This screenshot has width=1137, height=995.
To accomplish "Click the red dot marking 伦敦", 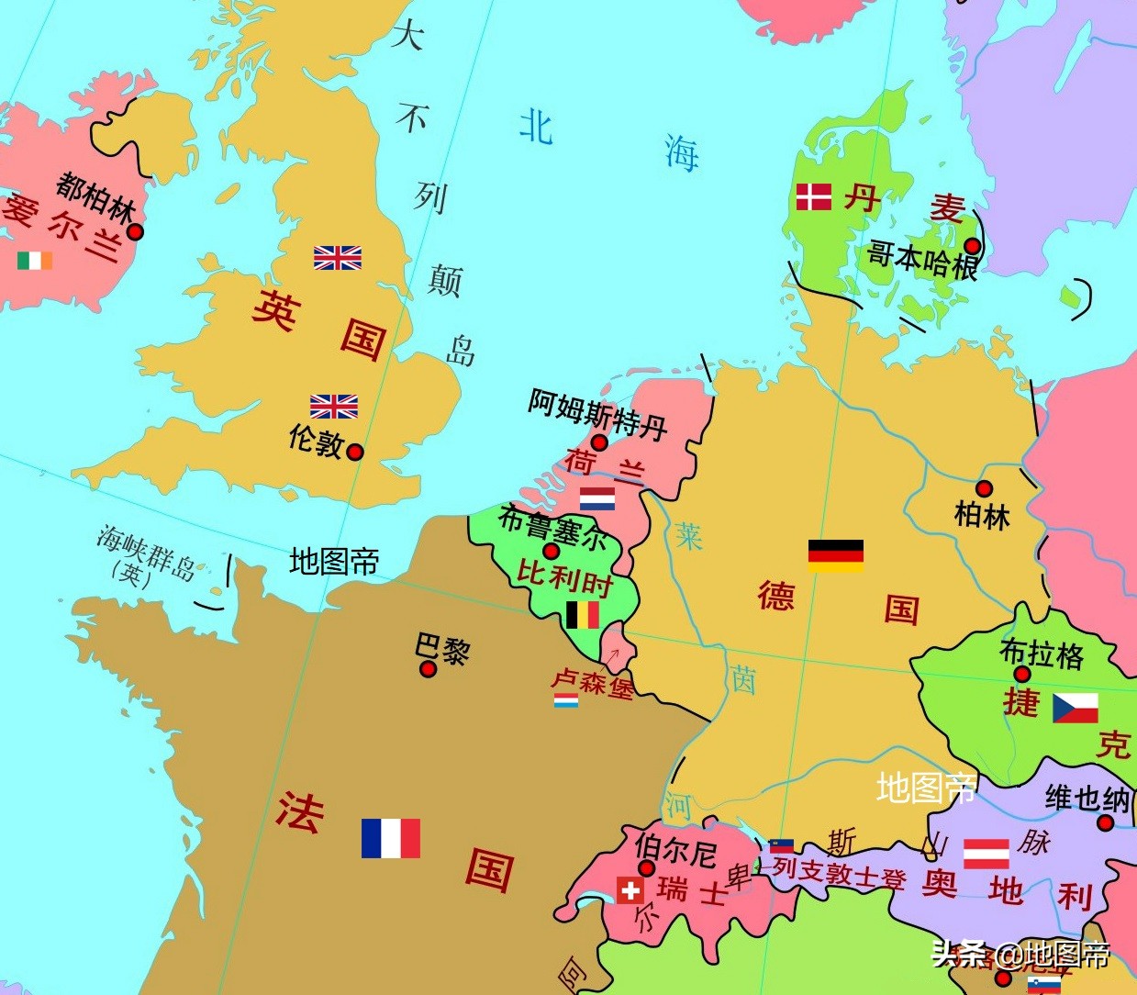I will (x=355, y=452).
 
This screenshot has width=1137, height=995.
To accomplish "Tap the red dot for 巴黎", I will (x=428, y=669).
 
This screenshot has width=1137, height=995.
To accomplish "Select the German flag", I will (x=835, y=555).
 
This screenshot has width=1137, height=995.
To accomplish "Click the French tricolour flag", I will (x=391, y=838).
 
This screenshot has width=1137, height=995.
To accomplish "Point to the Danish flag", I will (x=813, y=196).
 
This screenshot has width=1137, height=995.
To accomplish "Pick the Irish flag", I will (x=35, y=261).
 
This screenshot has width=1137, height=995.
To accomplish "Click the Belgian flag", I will (x=583, y=614).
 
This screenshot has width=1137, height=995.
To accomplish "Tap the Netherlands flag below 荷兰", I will (x=597, y=498).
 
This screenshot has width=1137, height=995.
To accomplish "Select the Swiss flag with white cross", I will (x=630, y=890).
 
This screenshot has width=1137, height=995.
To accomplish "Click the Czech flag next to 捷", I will (x=1075, y=708).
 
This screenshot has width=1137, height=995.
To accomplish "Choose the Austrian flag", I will (x=987, y=853).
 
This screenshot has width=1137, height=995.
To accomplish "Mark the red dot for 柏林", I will (x=984, y=488).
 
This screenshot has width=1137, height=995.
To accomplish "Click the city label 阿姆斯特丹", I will (x=596, y=412).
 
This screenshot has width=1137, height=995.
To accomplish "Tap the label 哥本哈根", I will (x=922, y=260).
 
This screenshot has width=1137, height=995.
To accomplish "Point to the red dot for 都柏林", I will (x=135, y=232).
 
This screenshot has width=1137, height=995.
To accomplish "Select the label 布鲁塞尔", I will (x=552, y=528).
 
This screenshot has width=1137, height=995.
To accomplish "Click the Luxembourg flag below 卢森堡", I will (x=566, y=700).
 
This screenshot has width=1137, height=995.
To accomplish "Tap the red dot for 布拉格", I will (x=1022, y=675).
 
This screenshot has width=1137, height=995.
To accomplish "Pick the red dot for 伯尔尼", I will (x=646, y=868).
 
